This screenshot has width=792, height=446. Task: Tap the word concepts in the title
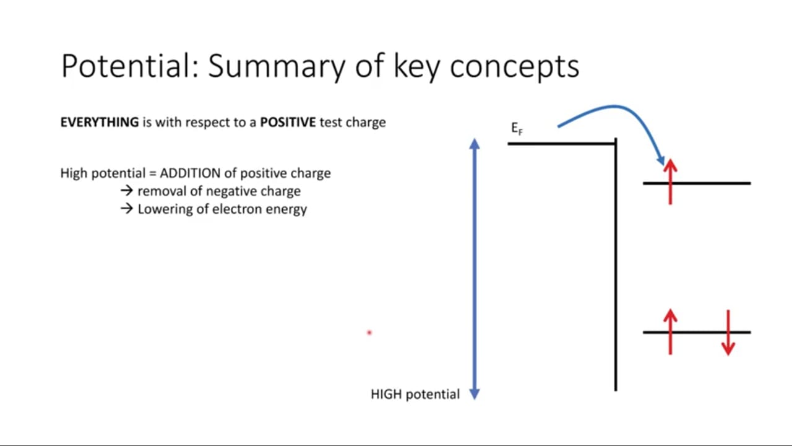tap(514, 68)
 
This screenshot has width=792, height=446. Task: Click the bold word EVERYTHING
tap(100, 122)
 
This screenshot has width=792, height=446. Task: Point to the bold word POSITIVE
tap(288, 122)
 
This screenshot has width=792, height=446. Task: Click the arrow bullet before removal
tap(127, 191)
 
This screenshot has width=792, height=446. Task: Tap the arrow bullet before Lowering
tap(127, 209)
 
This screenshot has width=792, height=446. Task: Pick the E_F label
tap(517, 128)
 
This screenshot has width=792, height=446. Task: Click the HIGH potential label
tap(415, 395)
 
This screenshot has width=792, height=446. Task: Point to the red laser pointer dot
tap(369, 333)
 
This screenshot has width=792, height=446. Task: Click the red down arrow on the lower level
tap(728, 333)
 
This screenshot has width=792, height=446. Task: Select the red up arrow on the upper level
tap(670, 181)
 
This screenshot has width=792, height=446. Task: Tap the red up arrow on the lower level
tap(670, 331)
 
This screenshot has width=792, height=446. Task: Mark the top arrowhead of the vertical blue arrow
tap(475, 143)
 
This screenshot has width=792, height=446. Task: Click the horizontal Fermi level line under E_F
tap(561, 144)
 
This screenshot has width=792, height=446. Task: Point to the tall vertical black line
tap(616, 265)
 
